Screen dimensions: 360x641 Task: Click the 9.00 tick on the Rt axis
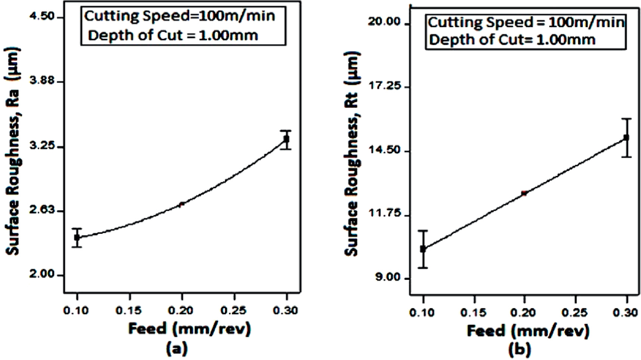coord(387,279)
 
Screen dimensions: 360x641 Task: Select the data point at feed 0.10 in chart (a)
coord(77,237)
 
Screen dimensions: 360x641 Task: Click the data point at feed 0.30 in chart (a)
coord(286,139)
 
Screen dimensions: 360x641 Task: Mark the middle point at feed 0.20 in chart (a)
coord(182,204)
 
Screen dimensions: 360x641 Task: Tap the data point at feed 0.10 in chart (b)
coord(423,249)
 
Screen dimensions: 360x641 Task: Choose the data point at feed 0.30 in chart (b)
coord(626,138)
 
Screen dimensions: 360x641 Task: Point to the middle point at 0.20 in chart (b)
coord(524,193)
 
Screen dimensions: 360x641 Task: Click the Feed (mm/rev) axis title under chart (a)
coord(189,329)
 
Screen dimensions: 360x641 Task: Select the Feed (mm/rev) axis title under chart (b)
coord(528,331)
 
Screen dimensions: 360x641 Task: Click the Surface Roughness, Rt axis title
coord(352,153)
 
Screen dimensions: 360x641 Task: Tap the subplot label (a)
coord(176,348)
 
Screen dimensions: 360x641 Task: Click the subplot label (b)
coord(519,350)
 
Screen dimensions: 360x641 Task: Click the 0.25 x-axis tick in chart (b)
coord(575,312)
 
